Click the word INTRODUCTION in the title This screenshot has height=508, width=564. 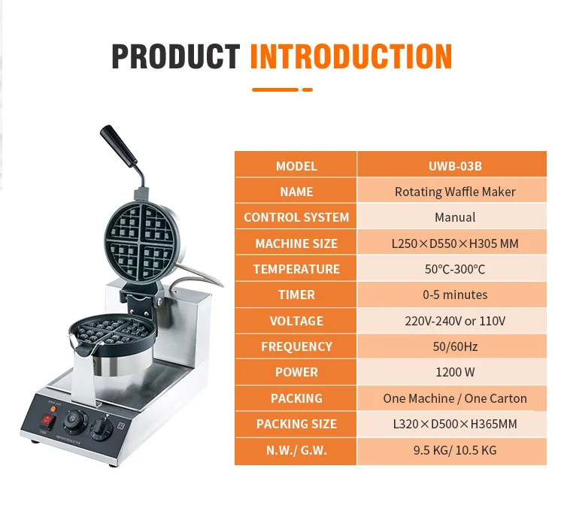click(x=350, y=57)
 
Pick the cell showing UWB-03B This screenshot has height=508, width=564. click(x=454, y=166)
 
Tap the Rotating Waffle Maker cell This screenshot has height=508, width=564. click(x=454, y=192)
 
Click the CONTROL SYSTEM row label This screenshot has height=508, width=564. click(x=296, y=217)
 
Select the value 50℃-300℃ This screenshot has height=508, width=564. click(x=454, y=269)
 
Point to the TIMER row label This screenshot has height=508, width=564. click(x=296, y=295)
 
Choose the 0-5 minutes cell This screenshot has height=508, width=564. click(x=454, y=295)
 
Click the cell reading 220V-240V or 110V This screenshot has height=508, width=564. click(x=454, y=321)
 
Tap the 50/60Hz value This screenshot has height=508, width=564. click(x=454, y=346)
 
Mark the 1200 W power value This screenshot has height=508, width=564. click(x=454, y=372)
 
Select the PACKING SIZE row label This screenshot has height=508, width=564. click(x=296, y=424)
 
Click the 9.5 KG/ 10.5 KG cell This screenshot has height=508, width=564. click(x=454, y=450)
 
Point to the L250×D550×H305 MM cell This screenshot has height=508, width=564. click(x=454, y=243)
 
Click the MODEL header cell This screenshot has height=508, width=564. click(x=296, y=166)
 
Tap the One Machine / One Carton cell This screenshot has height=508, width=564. click(x=454, y=398)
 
